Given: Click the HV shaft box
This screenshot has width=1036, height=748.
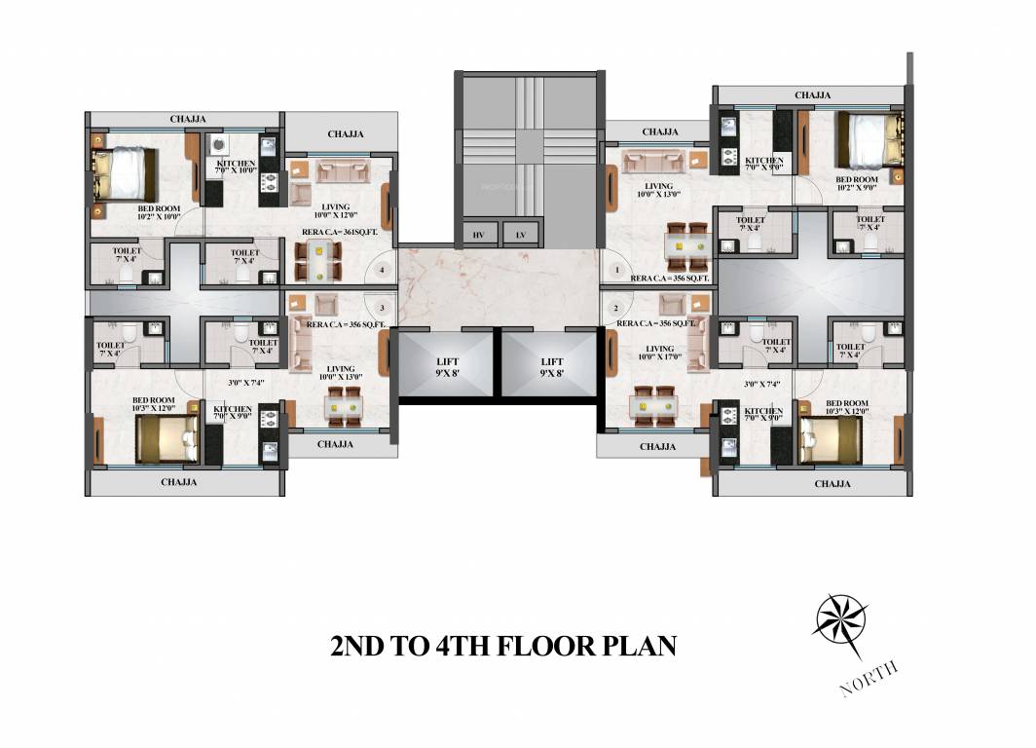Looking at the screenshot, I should click(478, 235).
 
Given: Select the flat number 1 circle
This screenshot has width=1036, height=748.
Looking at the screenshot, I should click(615, 269).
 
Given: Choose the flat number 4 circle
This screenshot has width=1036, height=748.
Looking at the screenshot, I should click(384, 269).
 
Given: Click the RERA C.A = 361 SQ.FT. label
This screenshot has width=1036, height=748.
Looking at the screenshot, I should click(340, 232).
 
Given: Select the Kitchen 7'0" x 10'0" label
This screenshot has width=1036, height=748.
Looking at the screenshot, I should click(236, 167).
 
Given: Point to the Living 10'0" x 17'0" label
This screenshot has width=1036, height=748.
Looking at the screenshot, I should click(660, 353).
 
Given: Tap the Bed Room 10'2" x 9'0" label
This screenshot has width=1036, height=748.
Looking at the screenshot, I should click(857, 184).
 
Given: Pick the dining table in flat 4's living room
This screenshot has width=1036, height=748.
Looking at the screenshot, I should click(317, 262).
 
